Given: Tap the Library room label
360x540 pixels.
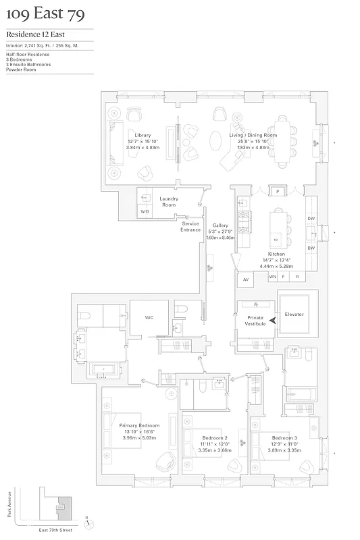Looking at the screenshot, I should click(x=143, y=135).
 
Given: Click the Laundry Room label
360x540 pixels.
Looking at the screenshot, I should click(x=169, y=201).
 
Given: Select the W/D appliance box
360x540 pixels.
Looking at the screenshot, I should click(x=145, y=211).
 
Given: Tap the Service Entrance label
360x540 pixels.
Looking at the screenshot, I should click(x=190, y=227).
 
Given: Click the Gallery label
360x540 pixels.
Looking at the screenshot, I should click(x=220, y=225).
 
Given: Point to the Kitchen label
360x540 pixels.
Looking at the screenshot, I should click(x=277, y=254).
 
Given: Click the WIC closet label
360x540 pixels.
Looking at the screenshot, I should click(x=149, y=316).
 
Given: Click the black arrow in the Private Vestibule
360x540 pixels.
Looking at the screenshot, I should click(x=273, y=321).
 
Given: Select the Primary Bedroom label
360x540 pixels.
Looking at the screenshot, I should click(x=139, y=426).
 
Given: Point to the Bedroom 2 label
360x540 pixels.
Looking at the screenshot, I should click(x=215, y=438).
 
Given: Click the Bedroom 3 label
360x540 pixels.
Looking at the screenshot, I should click(x=286, y=438).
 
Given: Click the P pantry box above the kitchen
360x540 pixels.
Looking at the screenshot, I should click(x=277, y=192).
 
